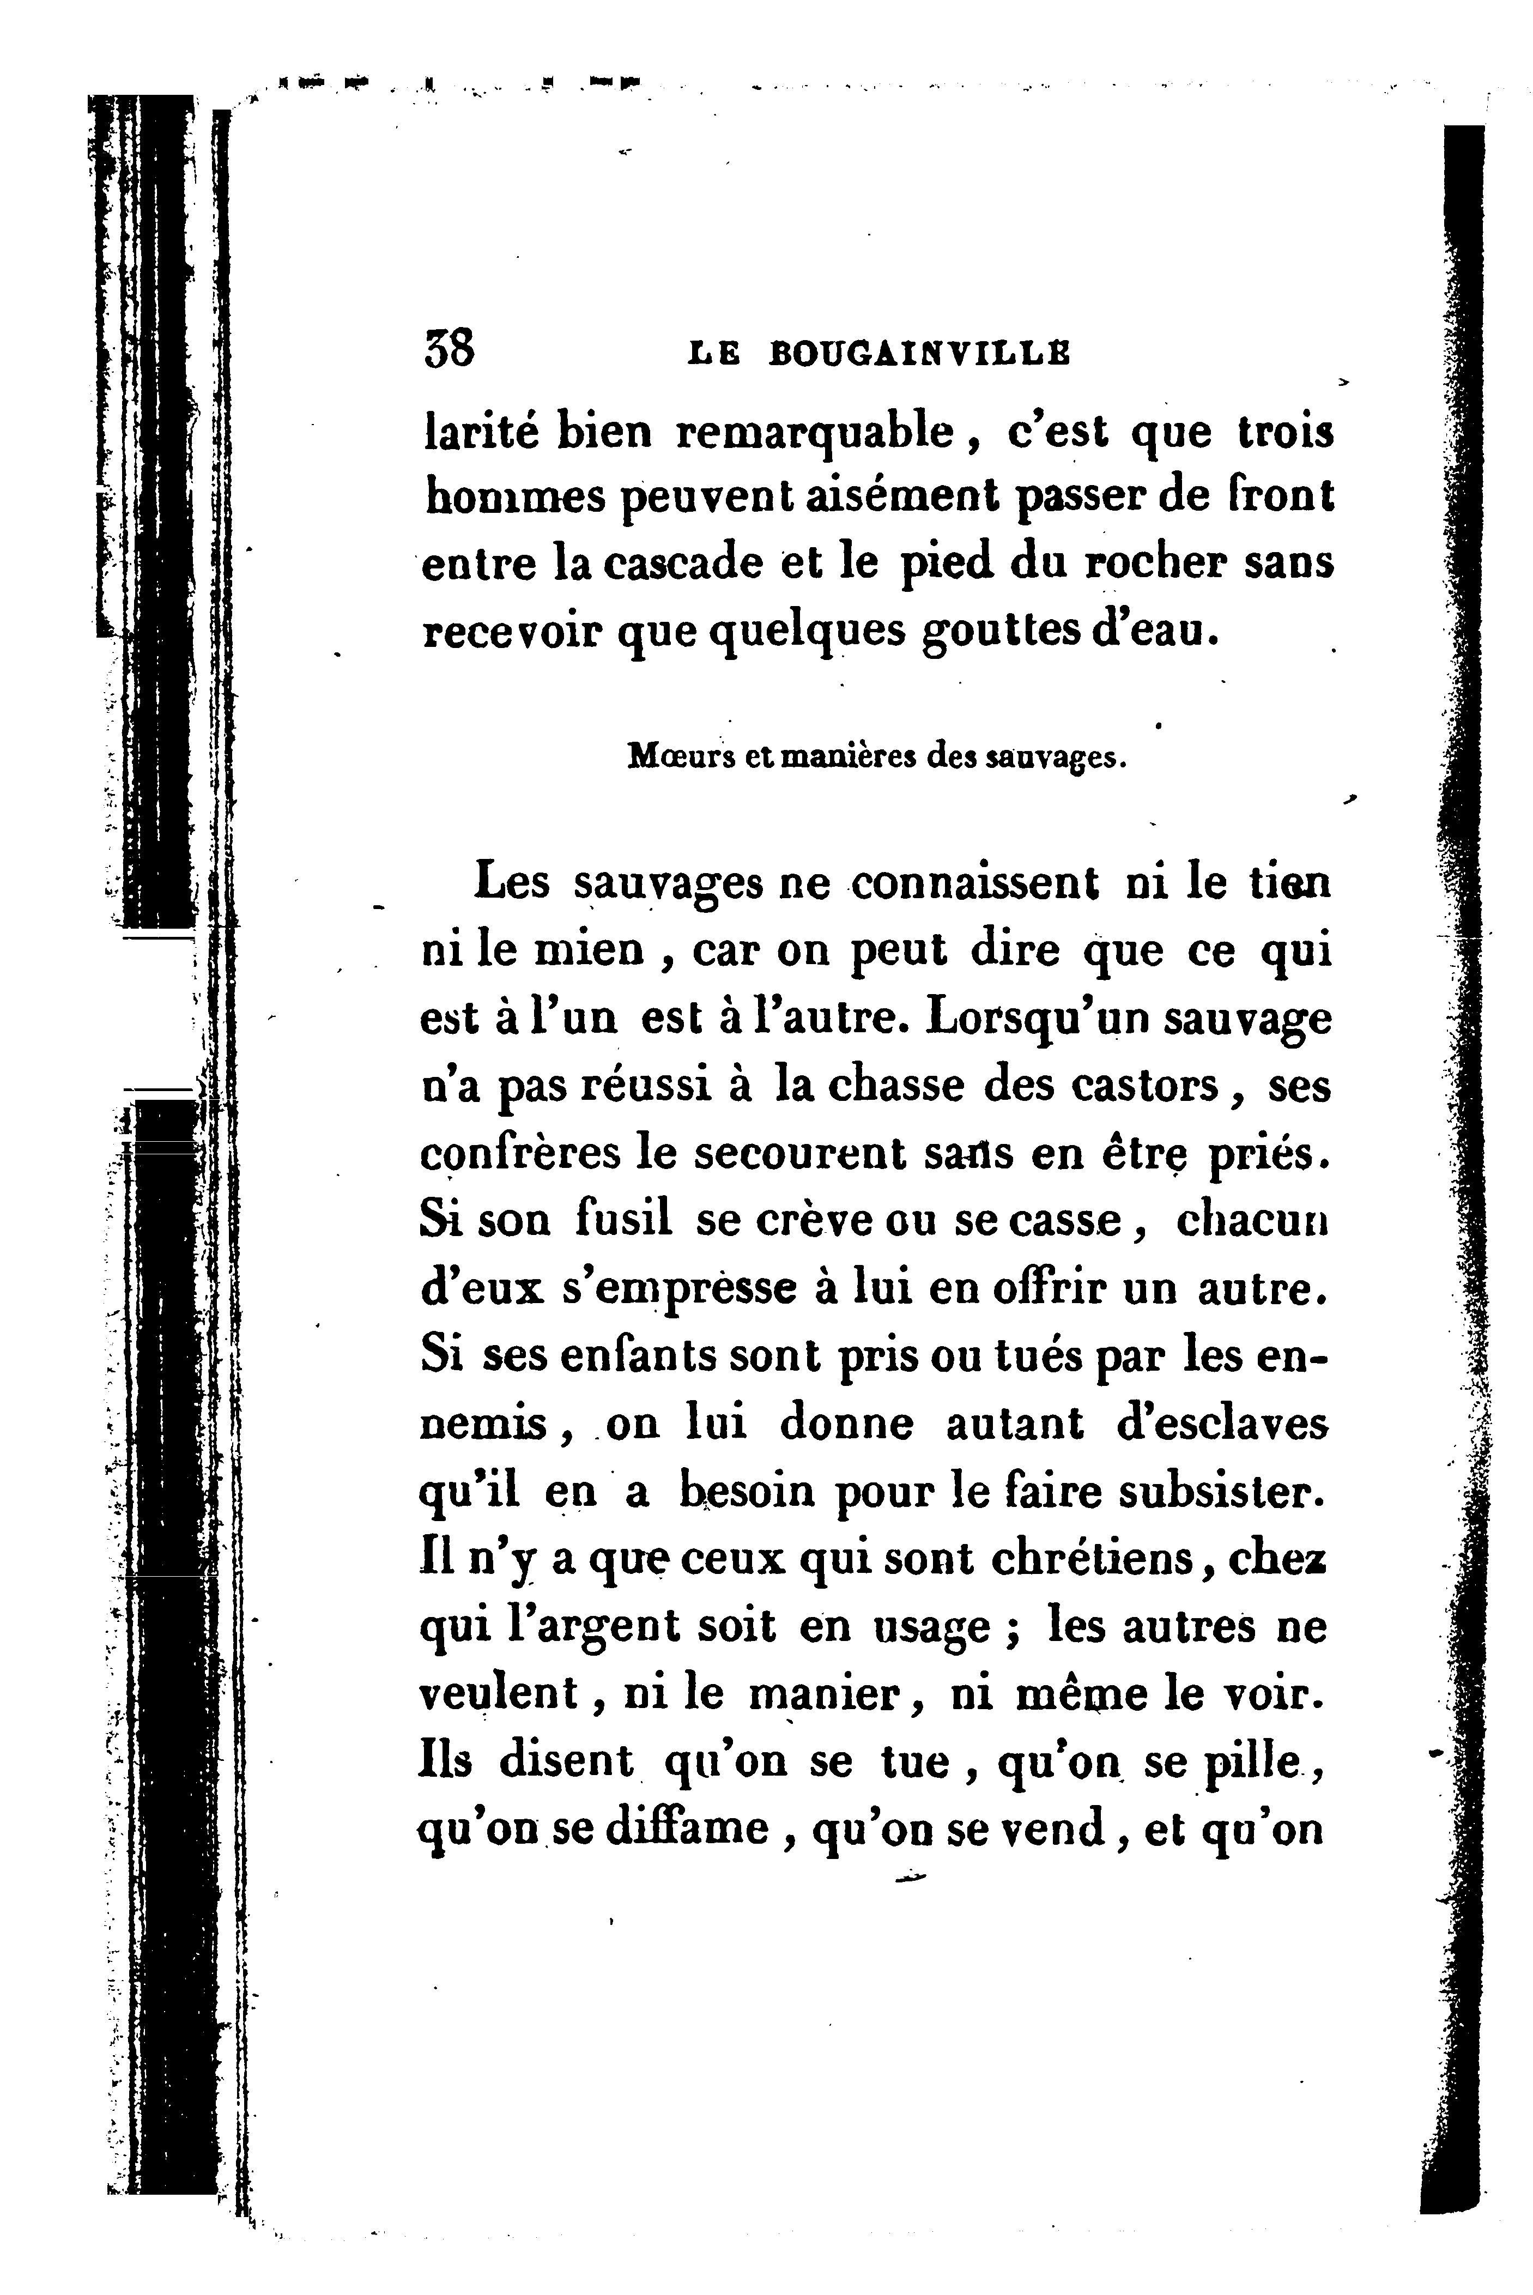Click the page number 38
[x=450, y=349]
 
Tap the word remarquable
[x=814, y=433]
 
